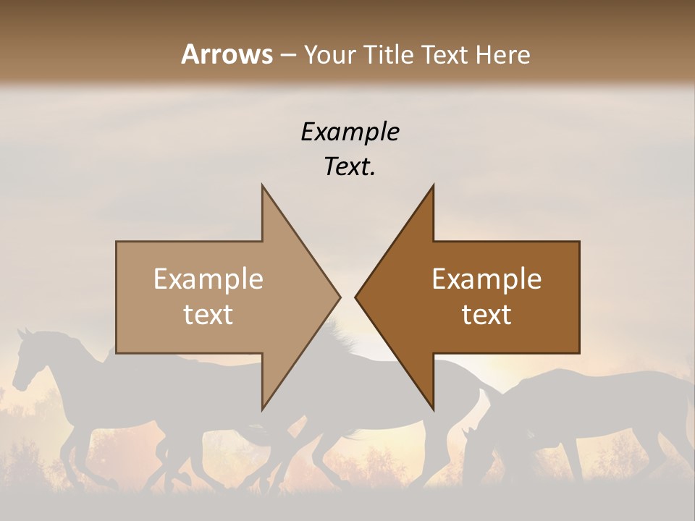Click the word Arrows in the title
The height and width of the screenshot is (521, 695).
227,54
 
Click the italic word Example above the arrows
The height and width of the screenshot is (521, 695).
350,132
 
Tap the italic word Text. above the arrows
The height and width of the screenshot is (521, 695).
350,167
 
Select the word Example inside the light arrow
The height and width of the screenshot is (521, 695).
208,279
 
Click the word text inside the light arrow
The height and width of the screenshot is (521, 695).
208,315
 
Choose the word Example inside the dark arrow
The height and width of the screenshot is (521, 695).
486,279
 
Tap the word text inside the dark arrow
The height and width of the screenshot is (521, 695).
486,315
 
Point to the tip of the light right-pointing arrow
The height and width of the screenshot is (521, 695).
340,297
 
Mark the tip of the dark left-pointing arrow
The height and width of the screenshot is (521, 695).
355,297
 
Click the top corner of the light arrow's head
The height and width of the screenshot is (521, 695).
262,186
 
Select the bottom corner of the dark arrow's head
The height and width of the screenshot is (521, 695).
433,409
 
